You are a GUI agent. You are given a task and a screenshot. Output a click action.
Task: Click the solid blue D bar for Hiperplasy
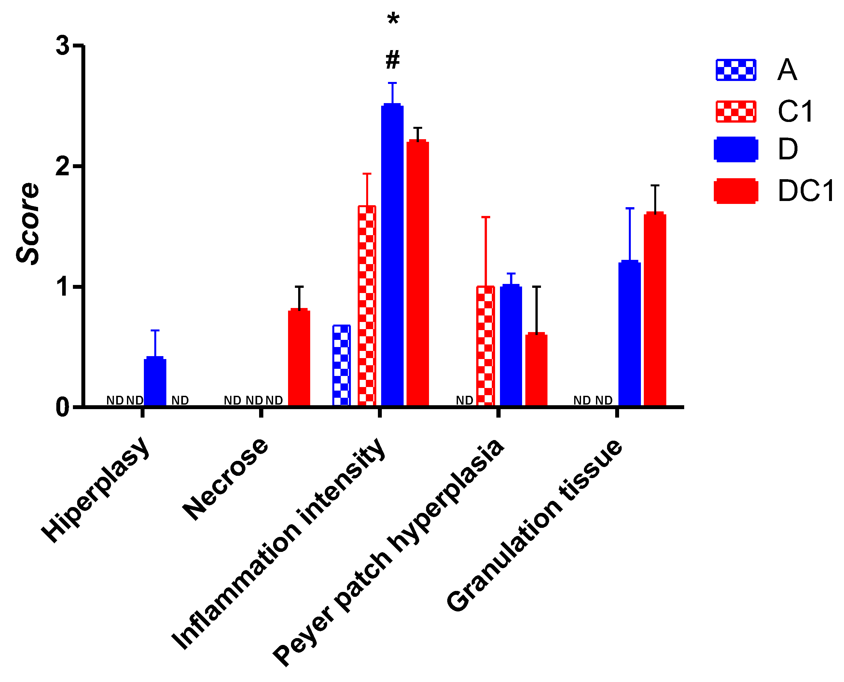(x=155, y=381)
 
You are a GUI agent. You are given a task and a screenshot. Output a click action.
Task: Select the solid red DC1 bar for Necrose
(x=299, y=357)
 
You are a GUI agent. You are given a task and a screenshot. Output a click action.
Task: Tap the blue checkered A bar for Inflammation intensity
(x=341, y=365)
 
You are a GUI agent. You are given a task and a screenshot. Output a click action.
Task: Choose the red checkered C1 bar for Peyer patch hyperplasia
(x=486, y=345)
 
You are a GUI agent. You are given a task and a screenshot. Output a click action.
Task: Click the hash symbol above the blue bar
(x=392, y=60)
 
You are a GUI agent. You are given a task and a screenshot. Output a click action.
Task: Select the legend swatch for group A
(x=736, y=70)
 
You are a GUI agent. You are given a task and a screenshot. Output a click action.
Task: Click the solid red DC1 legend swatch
(x=736, y=191)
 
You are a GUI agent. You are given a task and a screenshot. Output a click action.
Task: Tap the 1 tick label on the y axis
(x=62, y=287)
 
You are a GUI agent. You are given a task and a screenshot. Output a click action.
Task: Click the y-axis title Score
(x=28, y=224)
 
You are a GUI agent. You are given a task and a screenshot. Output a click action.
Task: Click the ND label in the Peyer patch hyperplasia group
(x=464, y=400)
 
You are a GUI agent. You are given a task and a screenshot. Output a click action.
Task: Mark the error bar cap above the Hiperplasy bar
(x=155, y=330)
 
